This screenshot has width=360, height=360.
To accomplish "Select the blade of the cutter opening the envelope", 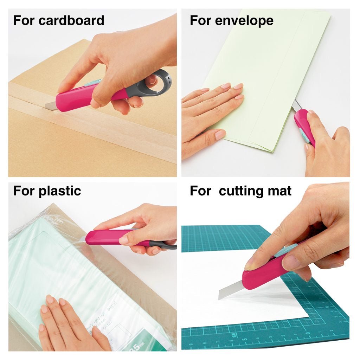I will click(296, 104).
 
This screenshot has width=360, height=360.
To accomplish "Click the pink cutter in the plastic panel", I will click(105, 237).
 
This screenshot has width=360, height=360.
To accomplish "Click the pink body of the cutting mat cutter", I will click(267, 274).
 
